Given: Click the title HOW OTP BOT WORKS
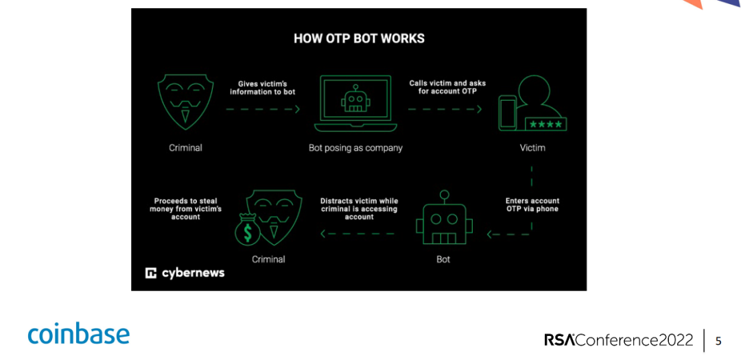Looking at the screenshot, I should tap(359, 38).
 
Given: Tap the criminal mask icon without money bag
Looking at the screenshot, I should tap(185, 102).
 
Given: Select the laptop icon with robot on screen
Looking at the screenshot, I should tap(355, 104).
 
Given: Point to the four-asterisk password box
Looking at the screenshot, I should tap(545, 124).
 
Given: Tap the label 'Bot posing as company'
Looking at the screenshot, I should tap(355, 147).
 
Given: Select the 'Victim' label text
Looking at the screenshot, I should tap(532, 147).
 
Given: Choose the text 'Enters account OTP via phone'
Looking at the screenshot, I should tap(532, 204).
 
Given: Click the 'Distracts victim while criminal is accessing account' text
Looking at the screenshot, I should tap(359, 208).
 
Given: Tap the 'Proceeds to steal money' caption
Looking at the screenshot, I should tap(185, 208).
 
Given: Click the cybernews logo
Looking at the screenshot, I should tap(185, 273).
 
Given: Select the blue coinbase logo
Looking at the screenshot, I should tap(78, 334).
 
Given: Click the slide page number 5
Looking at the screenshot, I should tap(718, 341).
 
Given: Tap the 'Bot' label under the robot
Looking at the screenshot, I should tap(443, 259).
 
